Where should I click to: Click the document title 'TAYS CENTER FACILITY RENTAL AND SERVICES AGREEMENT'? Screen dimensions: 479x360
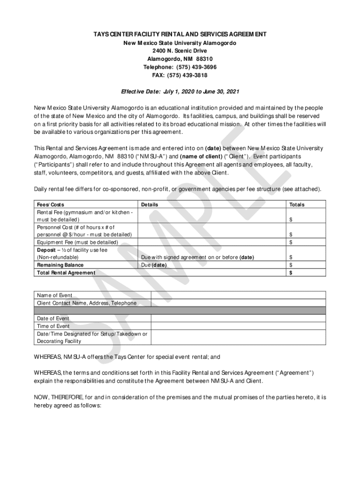[180, 35]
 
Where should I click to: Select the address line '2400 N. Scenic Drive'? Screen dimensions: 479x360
[180, 51]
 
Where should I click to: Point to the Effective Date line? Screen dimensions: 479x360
[180, 91]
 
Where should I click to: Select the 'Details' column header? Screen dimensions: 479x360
[150, 205]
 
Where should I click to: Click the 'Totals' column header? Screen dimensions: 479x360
[297, 205]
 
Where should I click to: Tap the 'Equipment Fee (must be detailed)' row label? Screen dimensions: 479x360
[78, 242]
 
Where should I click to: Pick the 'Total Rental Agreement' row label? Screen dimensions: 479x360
[66, 273]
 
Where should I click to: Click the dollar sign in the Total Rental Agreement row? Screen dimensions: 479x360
[291, 273]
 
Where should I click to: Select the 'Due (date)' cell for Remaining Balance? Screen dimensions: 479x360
[154, 265]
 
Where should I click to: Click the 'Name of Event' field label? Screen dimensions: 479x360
[55, 295]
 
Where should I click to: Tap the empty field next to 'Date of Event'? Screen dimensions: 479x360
[238, 319]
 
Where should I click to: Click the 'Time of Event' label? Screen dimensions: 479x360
[53, 326]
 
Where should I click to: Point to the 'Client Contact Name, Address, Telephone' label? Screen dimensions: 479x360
[87, 303]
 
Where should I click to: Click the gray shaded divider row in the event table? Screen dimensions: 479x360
[180, 311]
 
